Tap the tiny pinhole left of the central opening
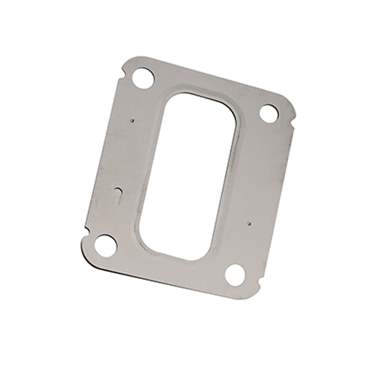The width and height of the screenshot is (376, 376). [132, 118]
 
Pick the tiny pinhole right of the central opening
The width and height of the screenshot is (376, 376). [248, 223]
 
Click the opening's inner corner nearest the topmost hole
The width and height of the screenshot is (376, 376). [171, 99]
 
